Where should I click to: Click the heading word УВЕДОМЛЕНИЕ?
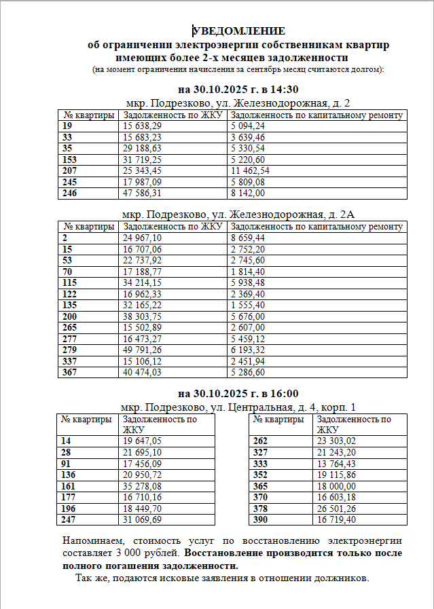239,31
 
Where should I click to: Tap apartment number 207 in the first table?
69,170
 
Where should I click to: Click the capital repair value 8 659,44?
248,238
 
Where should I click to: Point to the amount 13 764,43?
337,464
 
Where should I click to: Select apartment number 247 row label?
69,519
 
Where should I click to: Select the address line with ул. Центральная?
238,407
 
